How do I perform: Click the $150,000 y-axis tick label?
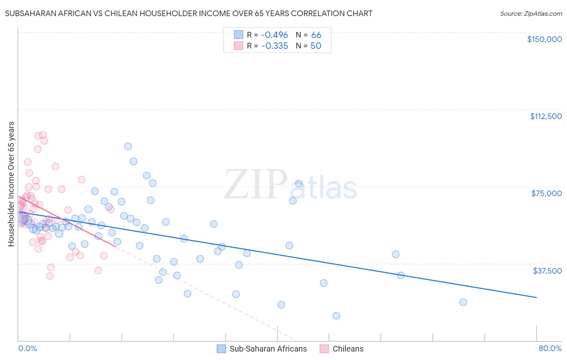pyautogui.click(x=544, y=39)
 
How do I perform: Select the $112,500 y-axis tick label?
pyautogui.click(x=546, y=116)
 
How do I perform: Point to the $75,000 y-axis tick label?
pyautogui.click(x=546, y=193)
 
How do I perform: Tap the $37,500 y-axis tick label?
pyautogui.click(x=547, y=271)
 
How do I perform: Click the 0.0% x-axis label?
pyautogui.click(x=27, y=348)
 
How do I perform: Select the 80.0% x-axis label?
pyautogui.click(x=550, y=348)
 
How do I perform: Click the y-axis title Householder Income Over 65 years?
pyautogui.click(x=11, y=184)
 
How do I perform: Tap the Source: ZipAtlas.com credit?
pyautogui.click(x=531, y=13)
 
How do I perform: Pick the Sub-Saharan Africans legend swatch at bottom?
pyautogui.click(x=221, y=349)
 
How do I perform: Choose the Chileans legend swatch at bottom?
pyautogui.click(x=324, y=349)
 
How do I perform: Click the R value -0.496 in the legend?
pyautogui.click(x=275, y=35)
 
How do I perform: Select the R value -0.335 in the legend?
pyautogui.click(x=275, y=46)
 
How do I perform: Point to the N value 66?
pyautogui.click(x=316, y=35)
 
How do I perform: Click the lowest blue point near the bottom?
pyautogui.click(x=336, y=316)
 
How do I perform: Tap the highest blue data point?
pyautogui.click(x=128, y=147)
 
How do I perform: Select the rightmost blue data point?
pyautogui.click(x=463, y=302)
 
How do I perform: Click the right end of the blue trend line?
pyautogui.click(x=536, y=297)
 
